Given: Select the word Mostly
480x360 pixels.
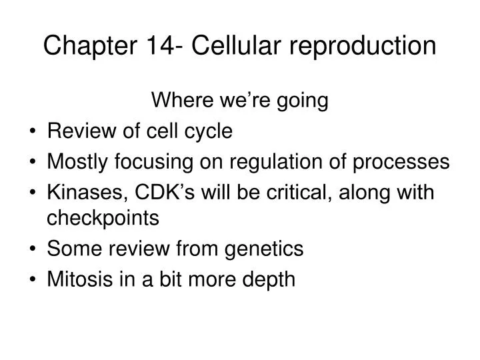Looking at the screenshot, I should click(x=77, y=162).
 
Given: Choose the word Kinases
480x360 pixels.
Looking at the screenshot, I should click(x=80, y=193).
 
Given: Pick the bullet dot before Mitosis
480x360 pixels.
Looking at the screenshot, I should click(x=33, y=279).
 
